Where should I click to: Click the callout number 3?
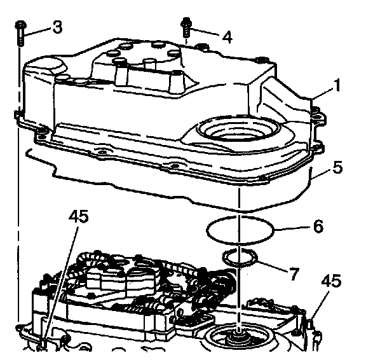click(57, 27)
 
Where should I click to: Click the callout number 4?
click(227, 37)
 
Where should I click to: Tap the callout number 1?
click(336, 85)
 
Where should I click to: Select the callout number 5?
click(337, 167)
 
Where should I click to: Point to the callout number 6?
click(318, 226)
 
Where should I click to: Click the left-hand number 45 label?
click(79, 216)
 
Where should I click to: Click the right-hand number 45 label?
click(331, 280)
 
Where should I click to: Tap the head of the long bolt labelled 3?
click(20, 25)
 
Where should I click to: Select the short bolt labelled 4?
click(186, 27)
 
